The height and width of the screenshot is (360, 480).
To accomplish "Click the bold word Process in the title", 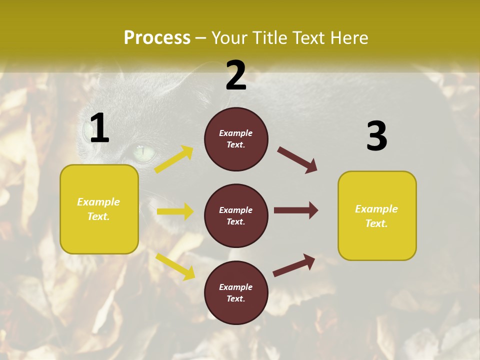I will tap(157, 37).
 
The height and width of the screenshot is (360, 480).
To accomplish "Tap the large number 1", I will tap(99, 128).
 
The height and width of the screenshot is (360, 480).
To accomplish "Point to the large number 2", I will tap(236, 75).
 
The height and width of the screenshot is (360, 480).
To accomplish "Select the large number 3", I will tap(376, 136).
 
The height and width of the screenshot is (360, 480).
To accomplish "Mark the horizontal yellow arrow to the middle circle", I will tap(175, 211).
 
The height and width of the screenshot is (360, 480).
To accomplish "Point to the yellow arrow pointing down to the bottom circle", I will tap(175, 266).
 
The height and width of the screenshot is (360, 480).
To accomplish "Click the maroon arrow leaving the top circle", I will tap(297, 160).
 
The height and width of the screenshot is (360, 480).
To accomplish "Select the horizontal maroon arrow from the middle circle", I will tap(296, 210).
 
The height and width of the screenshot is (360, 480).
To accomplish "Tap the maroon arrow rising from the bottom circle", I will tap(294, 265).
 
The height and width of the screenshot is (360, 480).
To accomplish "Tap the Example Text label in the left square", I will tap(98, 209).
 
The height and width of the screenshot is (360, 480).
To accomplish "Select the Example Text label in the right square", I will tap(376, 216).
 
